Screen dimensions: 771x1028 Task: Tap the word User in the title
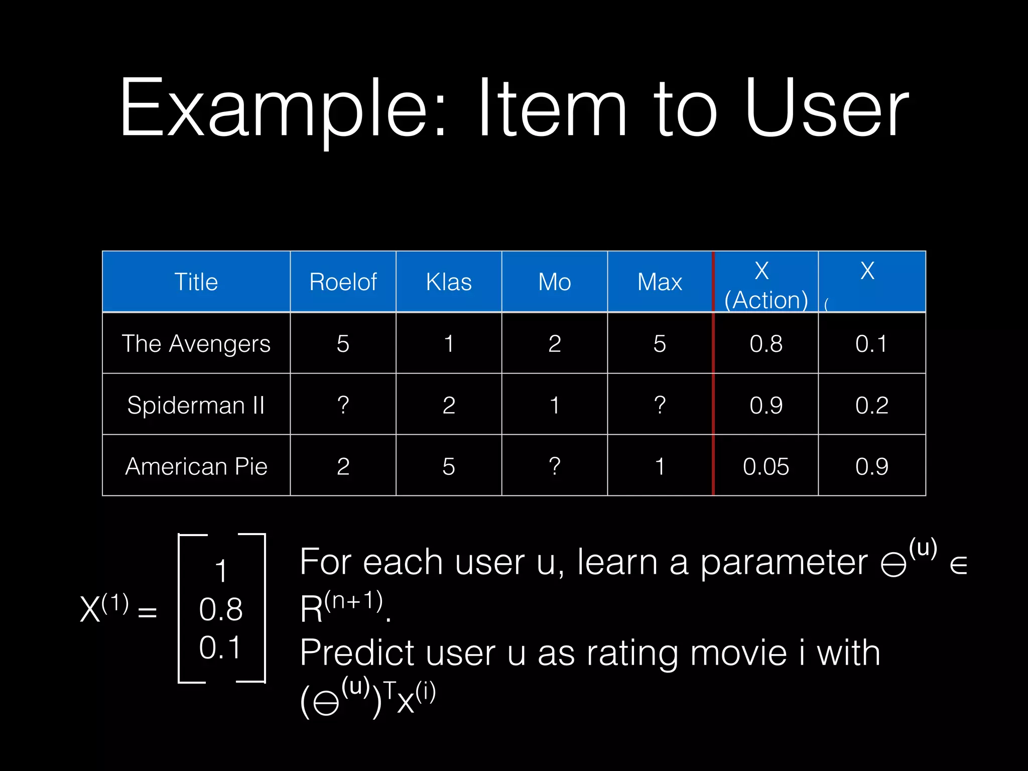pyautogui.click(x=826, y=108)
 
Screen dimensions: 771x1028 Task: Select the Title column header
pyautogui.click(x=196, y=282)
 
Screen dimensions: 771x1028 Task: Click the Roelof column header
pyautogui.click(x=343, y=282)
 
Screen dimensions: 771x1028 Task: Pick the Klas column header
pyautogui.click(x=449, y=282)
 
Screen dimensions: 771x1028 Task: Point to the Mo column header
pyautogui.click(x=554, y=282)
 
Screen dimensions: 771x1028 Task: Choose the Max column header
pyautogui.click(x=660, y=282)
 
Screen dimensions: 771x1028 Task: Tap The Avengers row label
pyautogui.click(x=196, y=344)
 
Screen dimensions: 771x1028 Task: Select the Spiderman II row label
pyautogui.click(x=196, y=405)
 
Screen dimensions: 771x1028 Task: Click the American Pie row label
pyautogui.click(x=196, y=466)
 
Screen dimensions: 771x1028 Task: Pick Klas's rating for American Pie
pyautogui.click(x=449, y=466)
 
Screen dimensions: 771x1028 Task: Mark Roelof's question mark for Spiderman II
pyautogui.click(x=343, y=405)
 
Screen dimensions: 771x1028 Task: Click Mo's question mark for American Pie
pyautogui.click(x=554, y=466)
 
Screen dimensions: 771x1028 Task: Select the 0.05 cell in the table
pyautogui.click(x=765, y=466)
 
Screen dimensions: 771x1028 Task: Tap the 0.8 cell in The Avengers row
pyautogui.click(x=765, y=344)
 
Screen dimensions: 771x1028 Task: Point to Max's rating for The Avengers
pyautogui.click(x=660, y=344)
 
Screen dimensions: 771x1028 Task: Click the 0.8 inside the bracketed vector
pyautogui.click(x=221, y=609)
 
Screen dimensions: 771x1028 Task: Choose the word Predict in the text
pyautogui.click(x=357, y=653)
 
